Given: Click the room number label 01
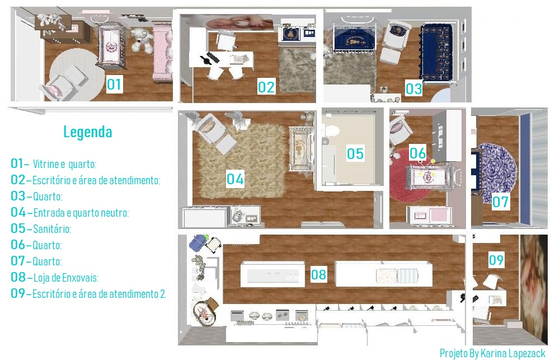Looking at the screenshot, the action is click(114, 84).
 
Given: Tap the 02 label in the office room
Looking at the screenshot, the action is click(266, 87).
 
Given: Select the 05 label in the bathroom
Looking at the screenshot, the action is click(355, 153).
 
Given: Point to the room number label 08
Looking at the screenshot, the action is click(318, 274).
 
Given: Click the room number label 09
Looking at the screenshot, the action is click(496, 260).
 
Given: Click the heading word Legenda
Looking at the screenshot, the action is click(88, 132).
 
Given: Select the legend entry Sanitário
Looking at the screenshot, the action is click(51, 229).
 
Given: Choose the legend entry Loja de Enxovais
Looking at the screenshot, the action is click(66, 278).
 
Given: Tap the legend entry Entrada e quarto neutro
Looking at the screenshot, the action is click(81, 213).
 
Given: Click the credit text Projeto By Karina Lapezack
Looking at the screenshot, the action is click(492, 353).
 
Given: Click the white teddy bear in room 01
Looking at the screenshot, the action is click(142, 40).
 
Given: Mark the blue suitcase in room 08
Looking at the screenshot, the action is click(198, 243).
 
